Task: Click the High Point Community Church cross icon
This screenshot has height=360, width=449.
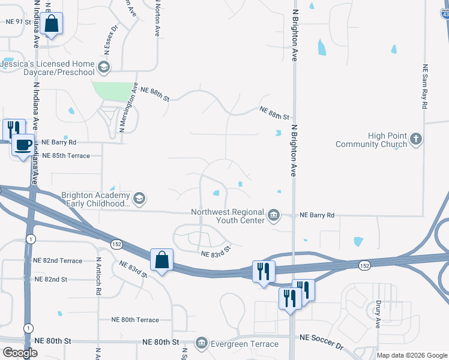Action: (x=415, y=139)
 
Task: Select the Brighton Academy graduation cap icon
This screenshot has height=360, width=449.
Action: (x=139, y=199)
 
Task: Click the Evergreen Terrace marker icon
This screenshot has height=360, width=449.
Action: (x=201, y=343)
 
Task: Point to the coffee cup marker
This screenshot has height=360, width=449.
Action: (x=23, y=145)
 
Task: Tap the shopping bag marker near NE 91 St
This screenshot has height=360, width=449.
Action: (x=52, y=25)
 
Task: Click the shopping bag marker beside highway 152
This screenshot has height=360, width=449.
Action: (x=161, y=260)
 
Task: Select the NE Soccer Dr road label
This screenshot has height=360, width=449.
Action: (x=323, y=346)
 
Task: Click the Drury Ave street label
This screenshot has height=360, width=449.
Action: (x=378, y=314)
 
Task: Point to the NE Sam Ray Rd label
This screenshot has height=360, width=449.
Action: (x=424, y=86)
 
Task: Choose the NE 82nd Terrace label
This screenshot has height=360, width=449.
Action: (x=58, y=260)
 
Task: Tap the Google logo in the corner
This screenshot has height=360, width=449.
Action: (x=20, y=353)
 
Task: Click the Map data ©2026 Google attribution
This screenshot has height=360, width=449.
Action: (x=412, y=355)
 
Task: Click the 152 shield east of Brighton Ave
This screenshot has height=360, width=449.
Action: (x=364, y=265)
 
